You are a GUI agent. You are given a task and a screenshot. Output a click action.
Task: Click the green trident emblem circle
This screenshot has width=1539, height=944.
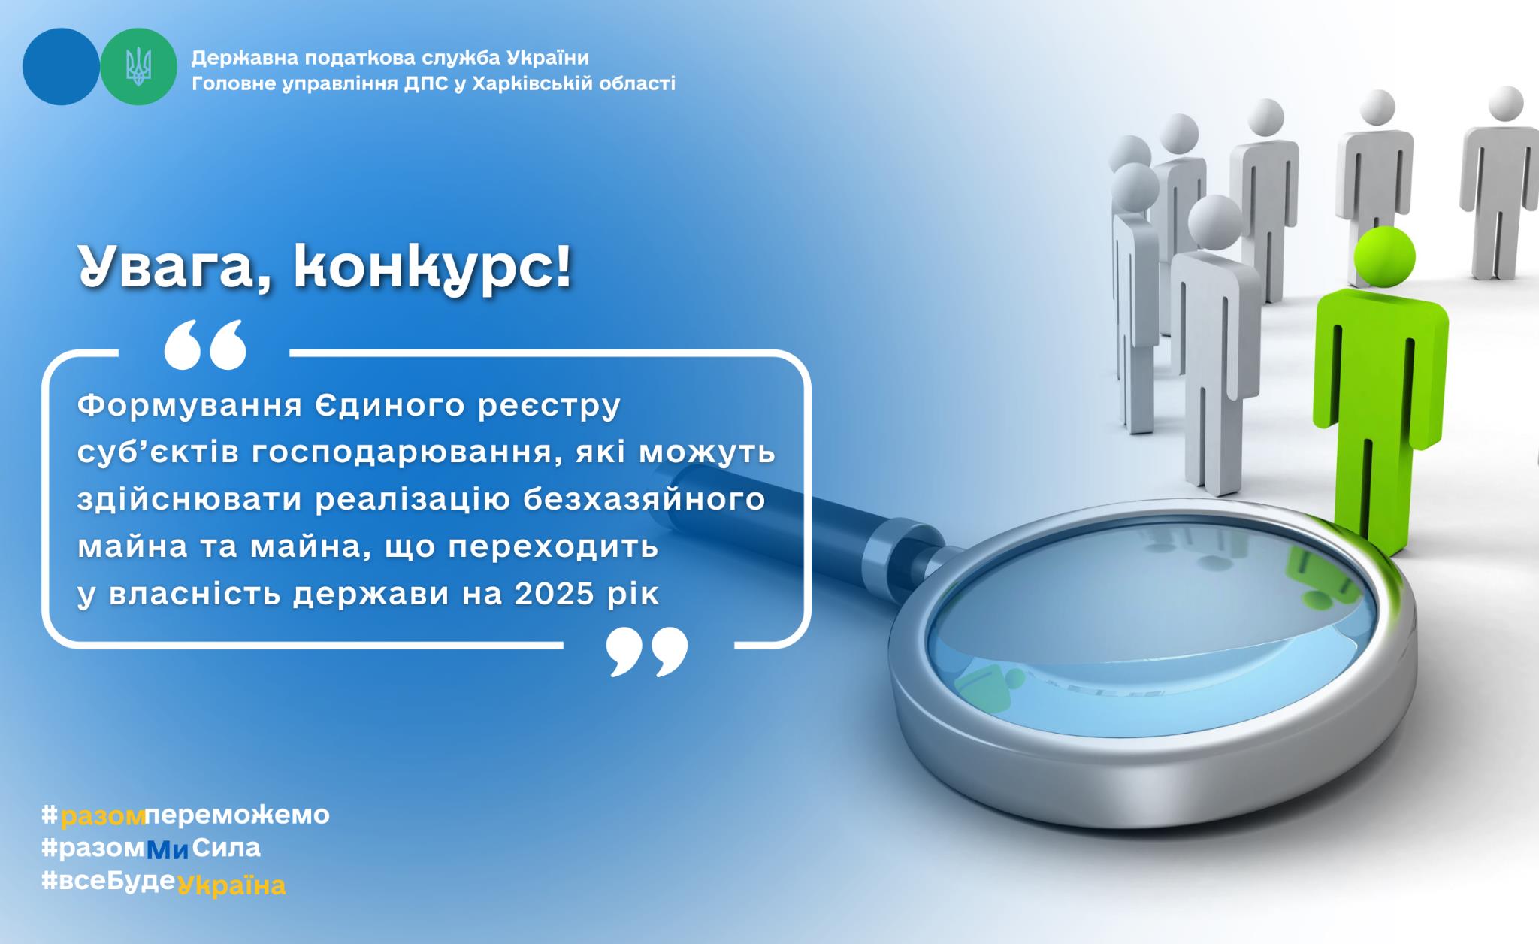click(x=138, y=67)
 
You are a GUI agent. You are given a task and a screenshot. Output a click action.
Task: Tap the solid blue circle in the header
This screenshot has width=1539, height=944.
click(x=61, y=67)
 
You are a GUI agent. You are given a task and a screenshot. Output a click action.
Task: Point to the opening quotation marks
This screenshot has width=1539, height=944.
click(x=205, y=345)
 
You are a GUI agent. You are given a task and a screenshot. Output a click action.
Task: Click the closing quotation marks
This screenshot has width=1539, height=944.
click(x=647, y=652)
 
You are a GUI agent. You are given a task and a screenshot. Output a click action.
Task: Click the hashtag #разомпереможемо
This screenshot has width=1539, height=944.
click(x=186, y=815)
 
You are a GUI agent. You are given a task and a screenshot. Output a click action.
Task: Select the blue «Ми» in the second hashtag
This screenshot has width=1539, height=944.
click(x=167, y=849)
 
